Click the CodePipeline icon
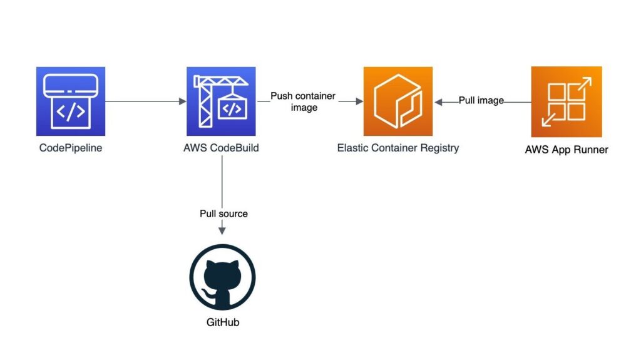tap(71, 101)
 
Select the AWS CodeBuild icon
tap(221, 101)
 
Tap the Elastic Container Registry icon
tap(397, 101)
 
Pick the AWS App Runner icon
tap(567, 102)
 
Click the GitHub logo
tap(222, 277)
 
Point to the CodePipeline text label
tap(71, 148)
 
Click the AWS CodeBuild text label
tap(221, 148)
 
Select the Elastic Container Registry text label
tap(397, 148)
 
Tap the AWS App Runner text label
tap(567, 150)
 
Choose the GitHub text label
tap(223, 322)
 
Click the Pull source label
tap(223, 213)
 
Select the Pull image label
tap(481, 100)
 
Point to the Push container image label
tap(304, 101)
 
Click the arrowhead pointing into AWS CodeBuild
tap(183, 101)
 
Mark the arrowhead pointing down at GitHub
tap(222, 231)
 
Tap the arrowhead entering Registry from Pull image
tap(438, 102)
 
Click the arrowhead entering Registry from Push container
tap(360, 101)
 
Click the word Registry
tap(439, 148)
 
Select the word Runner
tap(591, 150)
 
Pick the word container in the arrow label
tap(315, 96)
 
